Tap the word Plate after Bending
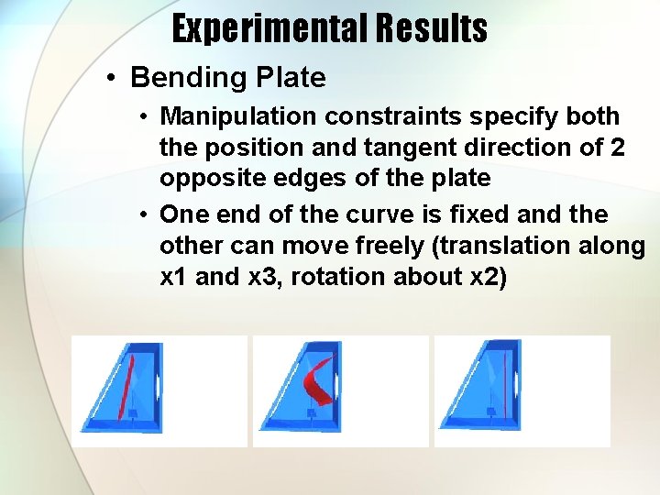[291, 78]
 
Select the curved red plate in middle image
[319, 381]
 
